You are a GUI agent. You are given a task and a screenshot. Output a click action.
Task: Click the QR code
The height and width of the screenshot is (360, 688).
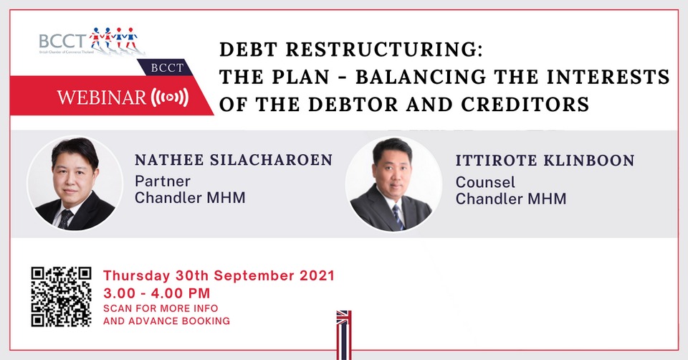[61, 297]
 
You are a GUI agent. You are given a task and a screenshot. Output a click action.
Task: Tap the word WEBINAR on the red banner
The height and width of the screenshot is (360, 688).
[101, 97]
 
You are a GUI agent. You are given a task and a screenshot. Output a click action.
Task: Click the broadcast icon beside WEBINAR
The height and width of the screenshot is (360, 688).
[169, 98]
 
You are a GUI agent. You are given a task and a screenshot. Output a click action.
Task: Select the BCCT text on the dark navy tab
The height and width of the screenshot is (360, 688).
[167, 67]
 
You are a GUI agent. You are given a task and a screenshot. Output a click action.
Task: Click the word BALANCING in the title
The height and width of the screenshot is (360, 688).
[421, 77]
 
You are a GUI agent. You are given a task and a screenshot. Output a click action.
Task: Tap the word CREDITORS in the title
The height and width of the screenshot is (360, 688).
[525, 105]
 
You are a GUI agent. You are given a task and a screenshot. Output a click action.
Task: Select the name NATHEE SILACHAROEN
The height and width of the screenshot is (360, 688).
[234, 160]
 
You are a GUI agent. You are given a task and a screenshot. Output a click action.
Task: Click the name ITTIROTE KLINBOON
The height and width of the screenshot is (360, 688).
[545, 160]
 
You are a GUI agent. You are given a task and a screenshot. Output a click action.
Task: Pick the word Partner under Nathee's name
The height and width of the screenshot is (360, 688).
[163, 181]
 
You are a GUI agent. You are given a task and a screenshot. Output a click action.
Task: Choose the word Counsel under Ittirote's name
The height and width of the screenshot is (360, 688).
[485, 182]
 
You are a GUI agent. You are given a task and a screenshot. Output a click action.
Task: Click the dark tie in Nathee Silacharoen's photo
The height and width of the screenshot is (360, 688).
[65, 219]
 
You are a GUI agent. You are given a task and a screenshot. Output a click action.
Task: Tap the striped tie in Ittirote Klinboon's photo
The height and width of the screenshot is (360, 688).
[398, 217]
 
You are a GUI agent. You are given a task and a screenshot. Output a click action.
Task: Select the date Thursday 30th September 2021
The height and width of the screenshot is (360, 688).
[219, 275]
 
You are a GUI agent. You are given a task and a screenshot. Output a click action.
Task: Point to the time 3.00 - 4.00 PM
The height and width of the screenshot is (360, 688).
[157, 293]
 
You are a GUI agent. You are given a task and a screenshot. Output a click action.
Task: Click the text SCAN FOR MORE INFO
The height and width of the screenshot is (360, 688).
[161, 308]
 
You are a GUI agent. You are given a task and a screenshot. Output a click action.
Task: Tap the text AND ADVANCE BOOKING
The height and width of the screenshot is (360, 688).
[167, 321]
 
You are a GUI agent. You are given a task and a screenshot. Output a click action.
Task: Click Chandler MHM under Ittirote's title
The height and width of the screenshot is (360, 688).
[511, 199]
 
